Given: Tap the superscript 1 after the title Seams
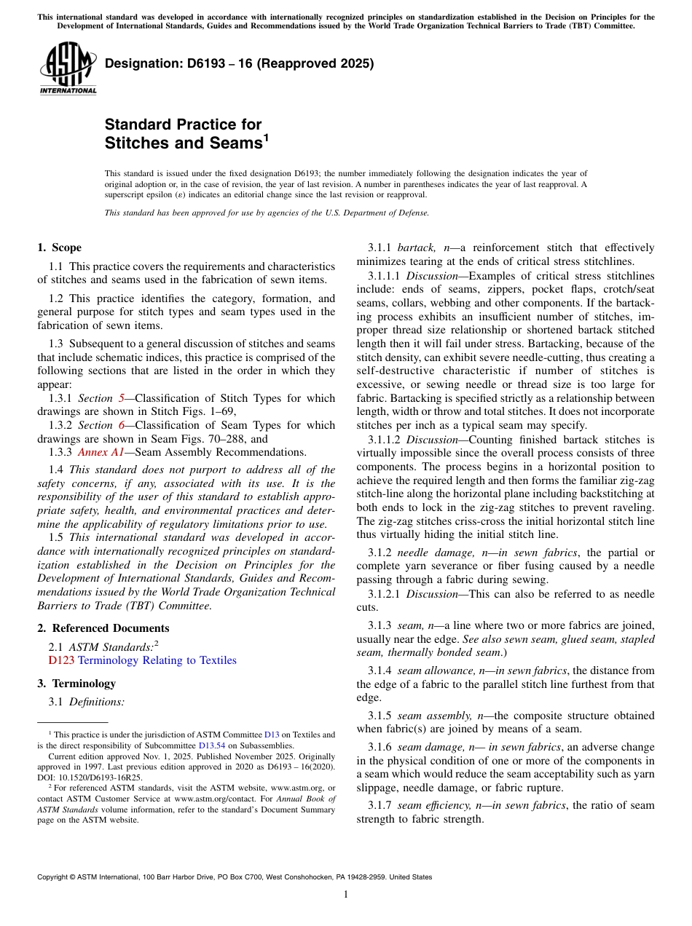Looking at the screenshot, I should (x=266, y=136).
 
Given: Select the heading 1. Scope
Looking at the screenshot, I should (x=60, y=248).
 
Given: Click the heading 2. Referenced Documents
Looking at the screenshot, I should (x=103, y=628).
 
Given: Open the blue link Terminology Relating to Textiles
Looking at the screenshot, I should (x=157, y=660).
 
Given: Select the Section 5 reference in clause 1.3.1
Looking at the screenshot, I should (x=95, y=398).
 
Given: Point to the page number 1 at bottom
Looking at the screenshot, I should (x=346, y=895).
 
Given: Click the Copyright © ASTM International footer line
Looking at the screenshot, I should (x=234, y=877).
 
